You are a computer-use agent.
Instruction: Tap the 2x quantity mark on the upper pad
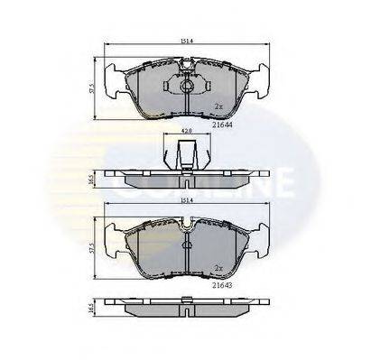[x=218, y=106]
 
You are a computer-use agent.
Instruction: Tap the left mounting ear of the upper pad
[x=116, y=79]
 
